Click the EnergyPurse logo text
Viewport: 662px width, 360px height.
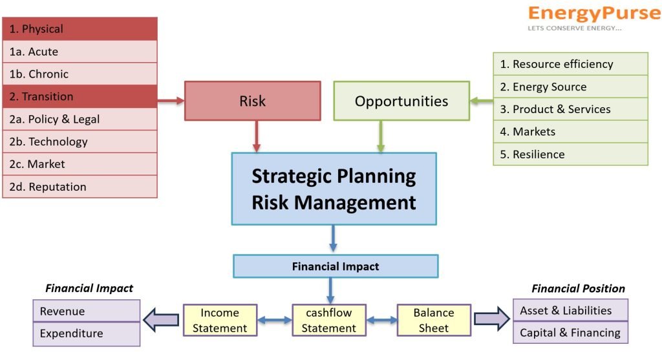point(595,14)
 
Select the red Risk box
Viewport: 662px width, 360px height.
point(253,101)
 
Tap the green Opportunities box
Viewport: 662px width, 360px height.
point(401,101)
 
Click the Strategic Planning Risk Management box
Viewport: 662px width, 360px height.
point(334,189)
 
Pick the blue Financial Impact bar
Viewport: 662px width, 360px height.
point(336,266)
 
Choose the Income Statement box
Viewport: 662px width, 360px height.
point(220,321)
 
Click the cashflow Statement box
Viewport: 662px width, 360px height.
point(329,321)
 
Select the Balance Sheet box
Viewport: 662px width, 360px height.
point(434,321)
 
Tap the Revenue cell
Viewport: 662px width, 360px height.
point(87,311)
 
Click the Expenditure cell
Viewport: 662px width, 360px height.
point(87,334)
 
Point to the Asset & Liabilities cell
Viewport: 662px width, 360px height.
point(570,310)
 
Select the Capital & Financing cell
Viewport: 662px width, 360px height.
point(570,333)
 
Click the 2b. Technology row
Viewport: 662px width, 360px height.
point(80,142)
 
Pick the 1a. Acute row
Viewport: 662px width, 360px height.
point(80,52)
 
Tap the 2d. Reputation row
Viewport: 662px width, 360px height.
point(80,187)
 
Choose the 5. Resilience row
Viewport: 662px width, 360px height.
point(570,154)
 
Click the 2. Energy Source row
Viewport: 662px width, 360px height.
point(570,87)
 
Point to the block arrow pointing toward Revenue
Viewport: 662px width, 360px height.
point(161,320)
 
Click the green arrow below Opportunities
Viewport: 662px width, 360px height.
point(381,136)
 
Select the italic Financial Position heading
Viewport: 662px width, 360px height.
point(578,289)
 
